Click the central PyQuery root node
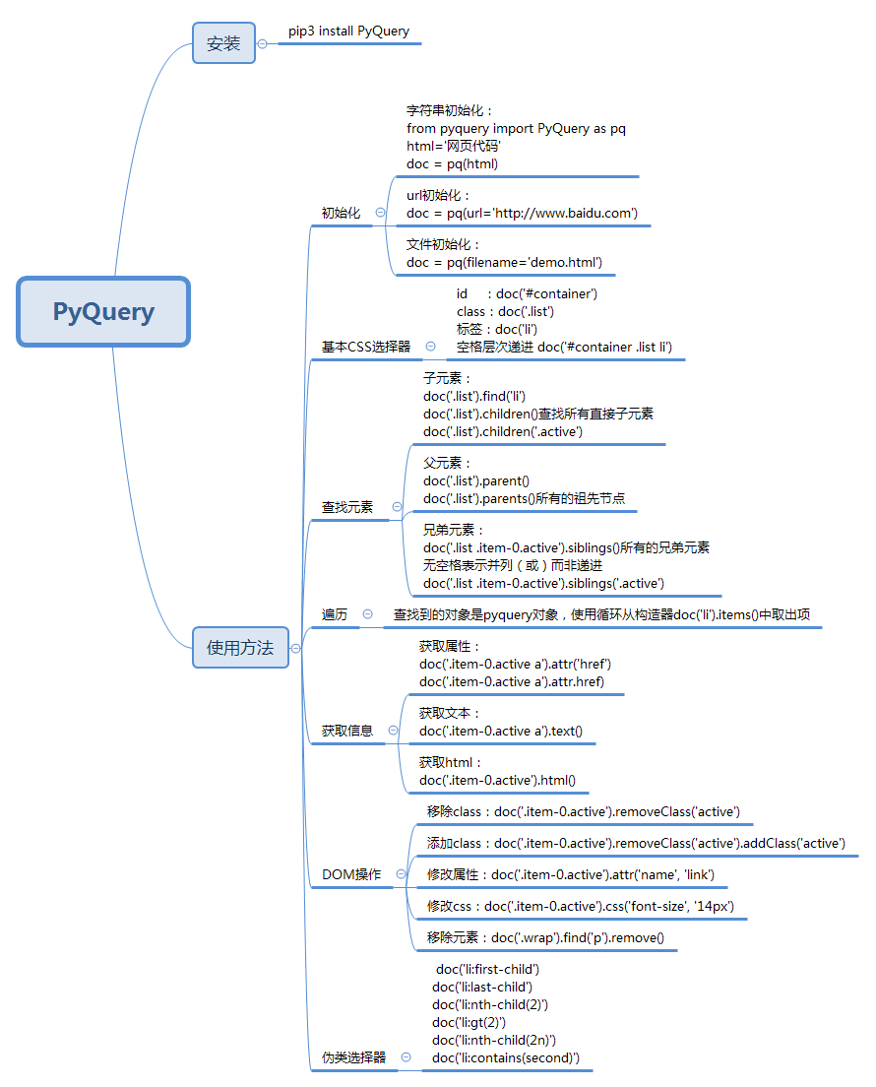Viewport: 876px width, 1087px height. [x=103, y=312]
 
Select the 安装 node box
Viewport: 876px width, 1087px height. [x=223, y=43]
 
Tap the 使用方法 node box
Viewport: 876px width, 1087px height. [x=240, y=648]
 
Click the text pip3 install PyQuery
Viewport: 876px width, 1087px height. [x=349, y=32]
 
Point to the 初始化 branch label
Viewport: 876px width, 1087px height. [x=341, y=213]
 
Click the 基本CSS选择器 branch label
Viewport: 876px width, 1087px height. [x=366, y=347]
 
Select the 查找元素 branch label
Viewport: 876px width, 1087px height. [x=347, y=507]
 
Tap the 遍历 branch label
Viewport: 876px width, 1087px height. [x=335, y=613]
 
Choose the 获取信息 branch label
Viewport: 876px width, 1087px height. [x=347, y=731]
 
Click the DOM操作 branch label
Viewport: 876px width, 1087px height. [x=351, y=874]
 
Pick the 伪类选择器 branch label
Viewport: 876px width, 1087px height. [x=354, y=1057]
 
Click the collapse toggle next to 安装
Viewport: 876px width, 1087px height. [x=262, y=43]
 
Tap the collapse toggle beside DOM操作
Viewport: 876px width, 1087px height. [x=401, y=873]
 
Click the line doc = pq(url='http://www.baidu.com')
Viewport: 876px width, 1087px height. [x=522, y=213]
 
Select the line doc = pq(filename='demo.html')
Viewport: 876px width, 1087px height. [x=504, y=262]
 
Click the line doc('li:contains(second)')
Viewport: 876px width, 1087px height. [x=506, y=1057]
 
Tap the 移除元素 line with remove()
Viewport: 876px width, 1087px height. [x=545, y=937]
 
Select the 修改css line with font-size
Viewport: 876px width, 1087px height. [x=581, y=906]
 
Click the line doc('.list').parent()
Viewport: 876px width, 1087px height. [x=476, y=480]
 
